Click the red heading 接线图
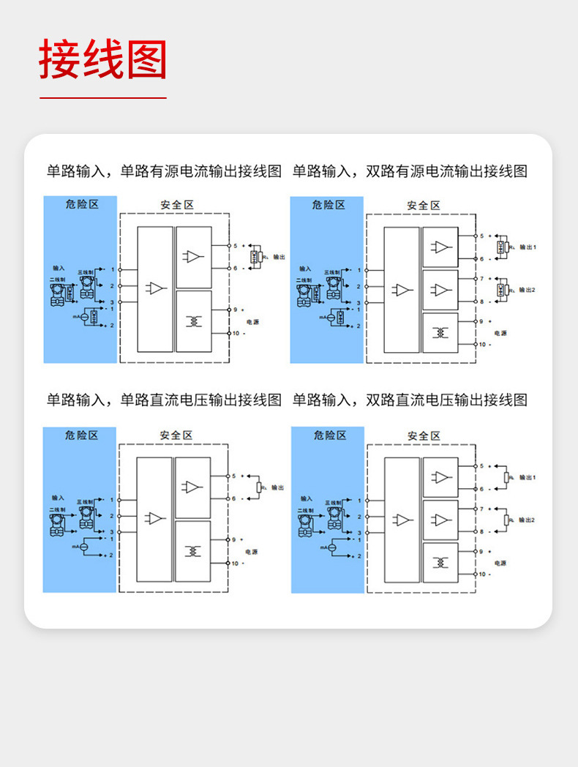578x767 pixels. (103, 59)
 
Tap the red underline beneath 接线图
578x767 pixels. (103, 97)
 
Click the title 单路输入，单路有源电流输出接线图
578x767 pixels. (164, 171)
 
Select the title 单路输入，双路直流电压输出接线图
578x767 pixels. (410, 400)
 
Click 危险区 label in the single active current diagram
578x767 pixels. (80, 204)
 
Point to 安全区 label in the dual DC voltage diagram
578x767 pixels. (424, 435)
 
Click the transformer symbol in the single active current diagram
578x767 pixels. (194, 321)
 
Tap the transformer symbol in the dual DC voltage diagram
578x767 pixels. (440, 562)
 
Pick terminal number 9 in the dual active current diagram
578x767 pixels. (481, 321)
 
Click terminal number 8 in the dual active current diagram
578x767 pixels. (481, 302)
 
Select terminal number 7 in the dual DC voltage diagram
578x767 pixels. (481, 508)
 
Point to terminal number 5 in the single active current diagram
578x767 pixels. (236, 246)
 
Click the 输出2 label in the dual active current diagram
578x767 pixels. (528, 290)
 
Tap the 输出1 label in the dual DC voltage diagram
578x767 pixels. (528, 477)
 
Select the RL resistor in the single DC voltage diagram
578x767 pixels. (258, 487)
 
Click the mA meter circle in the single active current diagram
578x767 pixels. (84, 318)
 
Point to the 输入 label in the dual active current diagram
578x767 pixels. (304, 269)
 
